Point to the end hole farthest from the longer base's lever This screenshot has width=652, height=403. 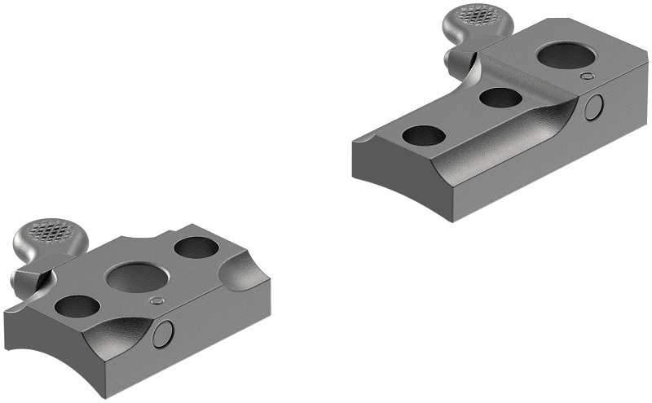coord(424,135)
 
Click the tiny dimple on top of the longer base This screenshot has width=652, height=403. coord(587,77)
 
